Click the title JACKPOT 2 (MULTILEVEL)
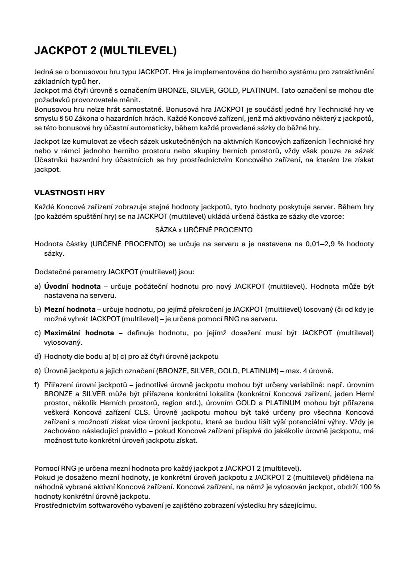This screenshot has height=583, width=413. [105, 51]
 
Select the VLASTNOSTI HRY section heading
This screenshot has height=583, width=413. [69, 193]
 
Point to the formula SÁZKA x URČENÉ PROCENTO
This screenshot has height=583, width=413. [204, 230]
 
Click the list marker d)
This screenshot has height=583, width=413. [37, 356]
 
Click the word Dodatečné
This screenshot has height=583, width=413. [52, 272]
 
